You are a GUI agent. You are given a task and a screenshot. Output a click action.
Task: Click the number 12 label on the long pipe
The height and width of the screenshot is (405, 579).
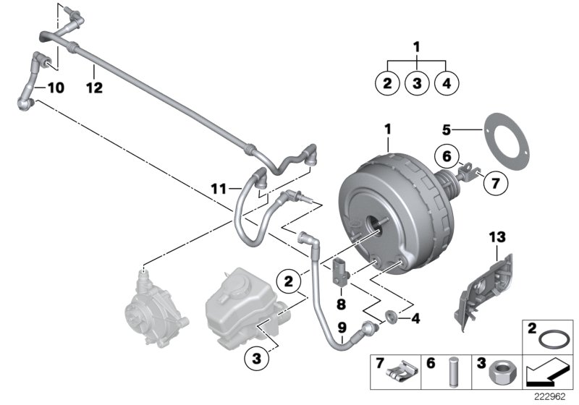pos(94,88)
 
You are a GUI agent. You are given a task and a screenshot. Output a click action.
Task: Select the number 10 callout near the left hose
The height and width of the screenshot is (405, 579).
pos(55,88)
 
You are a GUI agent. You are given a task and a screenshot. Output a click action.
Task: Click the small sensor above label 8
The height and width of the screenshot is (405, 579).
pos(341,271)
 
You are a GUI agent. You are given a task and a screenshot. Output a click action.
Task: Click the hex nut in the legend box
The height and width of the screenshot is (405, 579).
pos(502,372)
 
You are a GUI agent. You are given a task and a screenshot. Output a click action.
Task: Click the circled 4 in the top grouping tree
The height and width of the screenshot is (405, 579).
pos(446,84)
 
